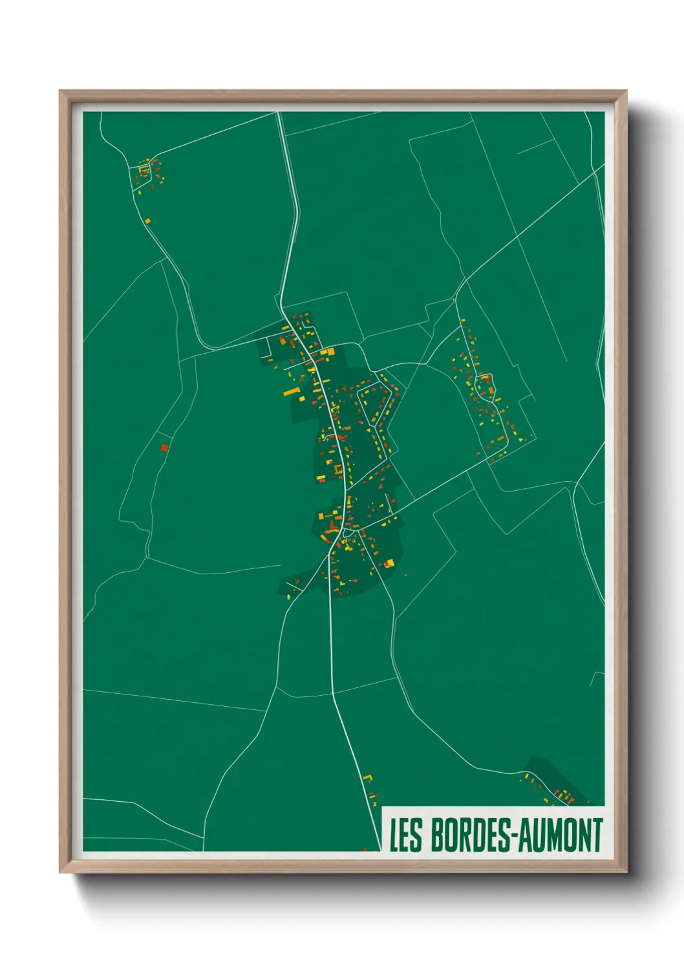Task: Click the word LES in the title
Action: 405,835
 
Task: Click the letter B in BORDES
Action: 437,835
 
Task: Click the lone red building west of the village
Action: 164,447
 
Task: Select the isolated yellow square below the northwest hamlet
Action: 147,221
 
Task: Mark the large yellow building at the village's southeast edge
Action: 389,564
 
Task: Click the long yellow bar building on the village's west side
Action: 290,392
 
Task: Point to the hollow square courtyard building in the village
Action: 337,468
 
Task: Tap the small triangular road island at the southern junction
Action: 347,532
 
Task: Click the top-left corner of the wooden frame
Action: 60,91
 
